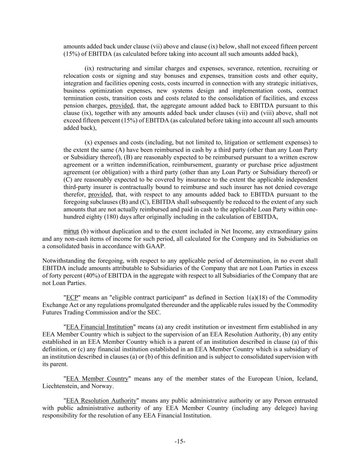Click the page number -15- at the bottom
click(x=180, y=442)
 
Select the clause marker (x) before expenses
click(x=88, y=142)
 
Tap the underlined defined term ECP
click(x=72, y=298)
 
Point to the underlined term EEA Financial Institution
click(x=100, y=327)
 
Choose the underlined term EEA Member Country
click(x=97, y=379)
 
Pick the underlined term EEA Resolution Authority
click(x=101, y=401)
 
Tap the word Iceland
click(x=307, y=379)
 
